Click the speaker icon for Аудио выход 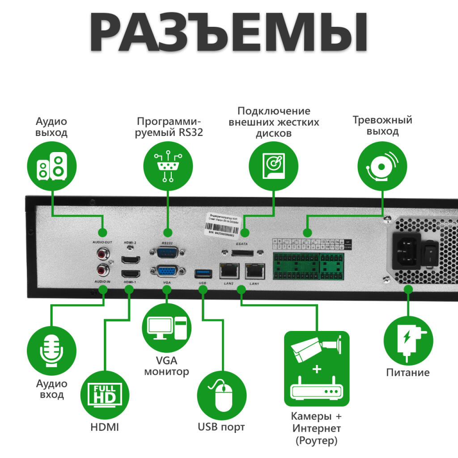pos(52,166)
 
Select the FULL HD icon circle pos(105,394)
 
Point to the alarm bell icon pos(383,166)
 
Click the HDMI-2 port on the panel pos(131,259)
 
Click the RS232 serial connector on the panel pos(166,253)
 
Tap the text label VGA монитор pos(166,366)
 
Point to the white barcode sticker pos(227,222)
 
